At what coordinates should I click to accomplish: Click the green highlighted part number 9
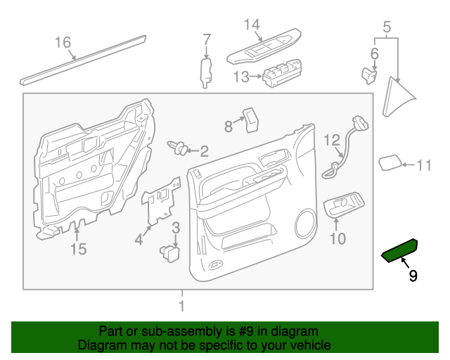click(x=399, y=250)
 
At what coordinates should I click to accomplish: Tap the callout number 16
click(x=63, y=43)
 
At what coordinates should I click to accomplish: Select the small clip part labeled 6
click(x=369, y=74)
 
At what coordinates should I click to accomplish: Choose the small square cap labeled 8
click(x=250, y=120)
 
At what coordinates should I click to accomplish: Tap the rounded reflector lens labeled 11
click(x=390, y=163)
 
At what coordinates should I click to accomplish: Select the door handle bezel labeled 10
click(x=342, y=206)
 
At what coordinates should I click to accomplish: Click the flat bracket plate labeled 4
click(x=159, y=202)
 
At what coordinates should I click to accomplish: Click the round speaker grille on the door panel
click(x=307, y=223)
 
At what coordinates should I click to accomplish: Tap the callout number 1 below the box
click(x=181, y=306)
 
